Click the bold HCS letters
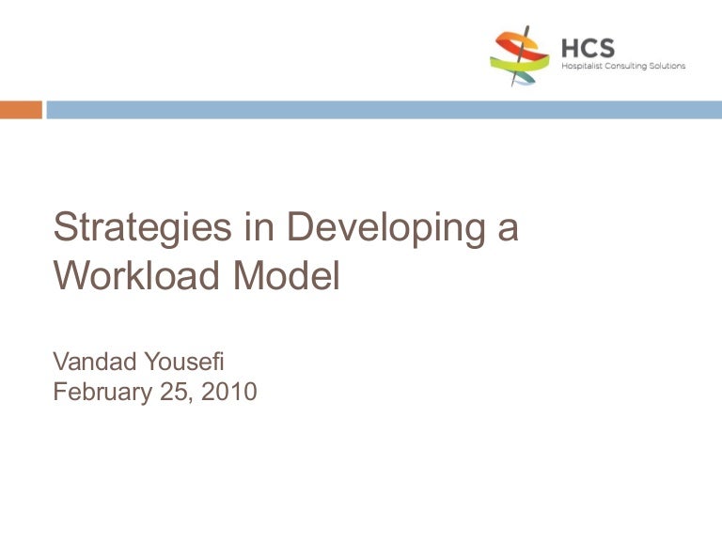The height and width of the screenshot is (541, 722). tap(589, 48)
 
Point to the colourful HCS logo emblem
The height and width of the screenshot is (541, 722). tap(519, 55)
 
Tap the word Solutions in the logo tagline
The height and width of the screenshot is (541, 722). tap(667, 66)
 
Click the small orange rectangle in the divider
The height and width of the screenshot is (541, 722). tap(21, 110)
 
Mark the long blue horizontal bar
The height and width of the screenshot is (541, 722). tap(384, 110)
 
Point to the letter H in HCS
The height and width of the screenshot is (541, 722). tap(570, 48)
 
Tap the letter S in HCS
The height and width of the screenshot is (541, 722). tap(608, 48)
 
